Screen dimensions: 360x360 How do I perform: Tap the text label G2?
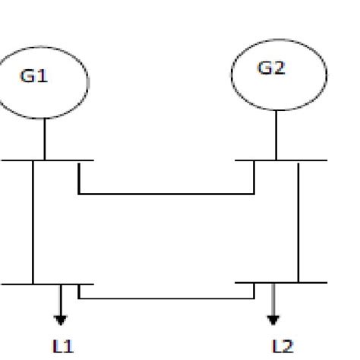tap(271, 68)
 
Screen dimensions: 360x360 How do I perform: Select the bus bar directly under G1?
tap(23, 160)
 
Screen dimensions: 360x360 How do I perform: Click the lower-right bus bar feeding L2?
tap(311, 283)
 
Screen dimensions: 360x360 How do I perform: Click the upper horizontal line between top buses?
tap(167, 194)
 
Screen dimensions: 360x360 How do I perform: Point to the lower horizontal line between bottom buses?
tap(167, 298)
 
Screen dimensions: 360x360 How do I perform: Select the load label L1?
tap(63, 346)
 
